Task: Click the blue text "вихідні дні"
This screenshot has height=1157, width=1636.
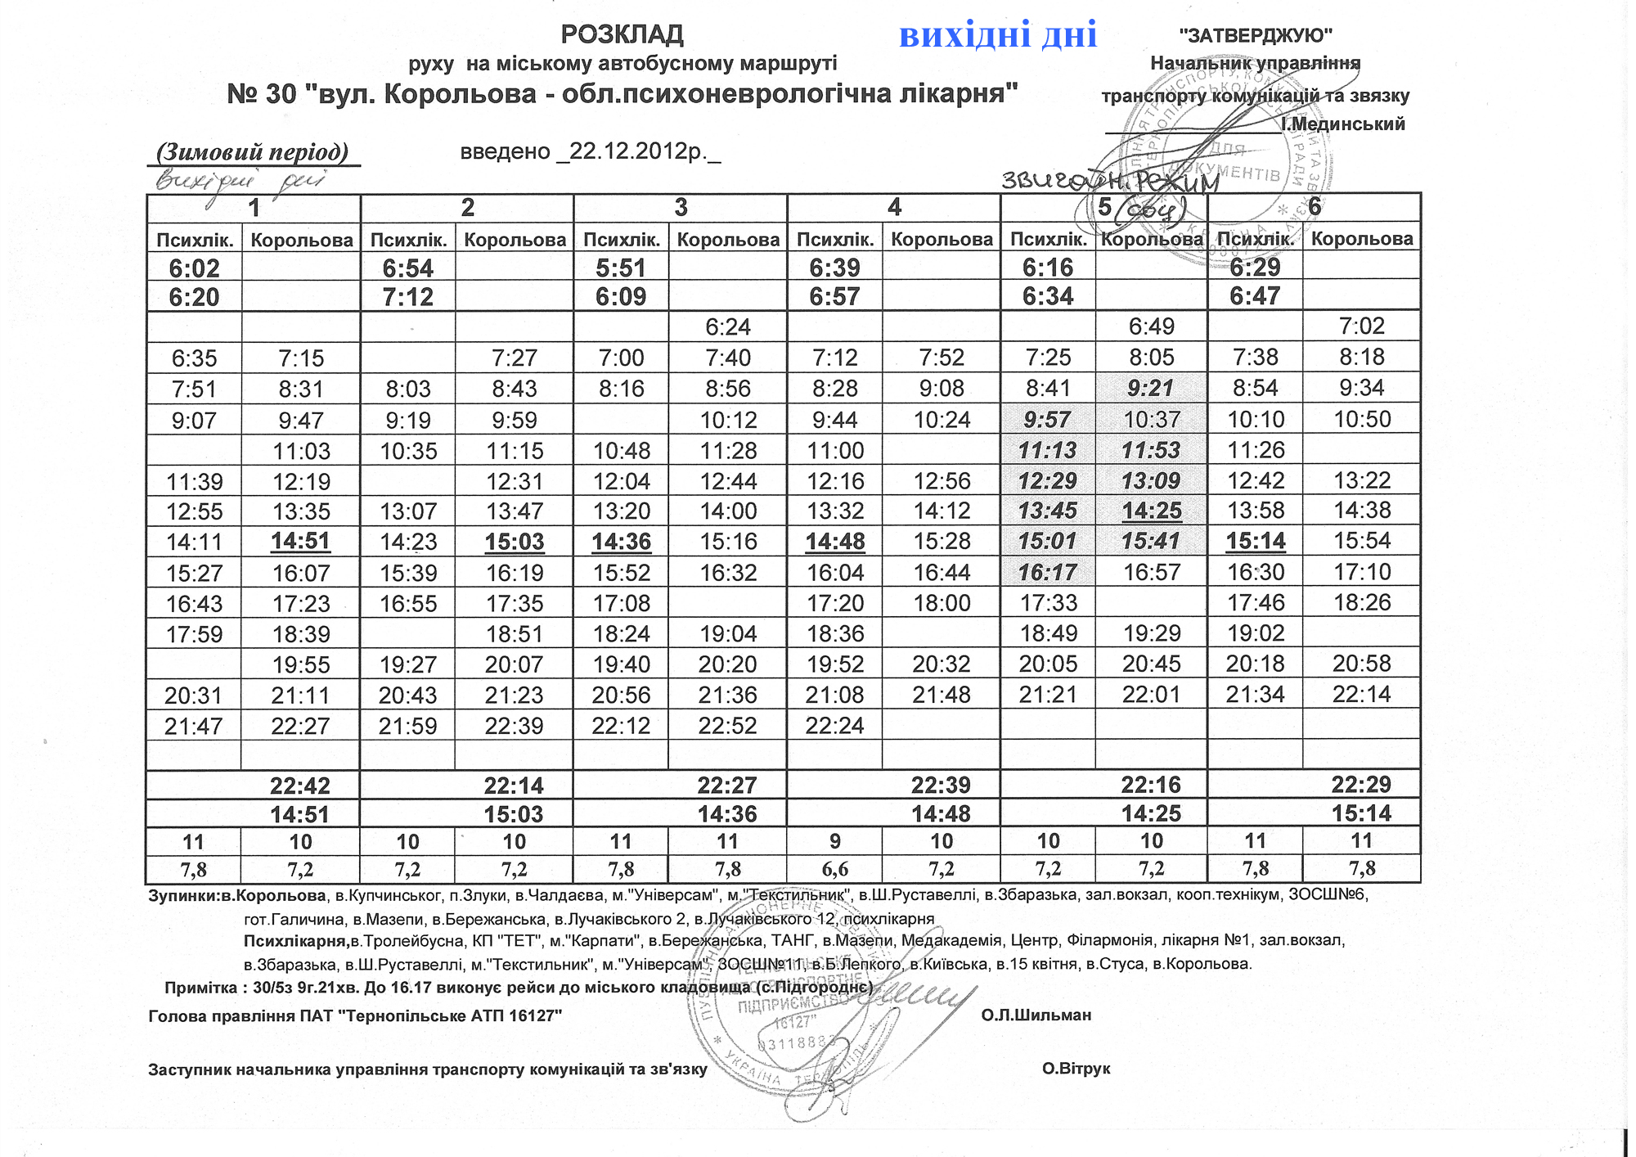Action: tap(997, 35)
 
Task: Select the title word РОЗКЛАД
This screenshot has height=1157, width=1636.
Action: tap(622, 34)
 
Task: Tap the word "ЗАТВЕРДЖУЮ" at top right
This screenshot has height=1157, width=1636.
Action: tap(1255, 35)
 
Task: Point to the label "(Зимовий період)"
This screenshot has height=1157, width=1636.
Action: tap(253, 152)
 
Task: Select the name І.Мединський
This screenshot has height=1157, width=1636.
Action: tap(1342, 124)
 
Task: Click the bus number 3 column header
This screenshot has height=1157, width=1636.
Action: tap(681, 207)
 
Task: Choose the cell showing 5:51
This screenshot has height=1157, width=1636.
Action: tap(621, 268)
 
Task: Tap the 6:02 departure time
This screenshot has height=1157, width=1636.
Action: tap(194, 268)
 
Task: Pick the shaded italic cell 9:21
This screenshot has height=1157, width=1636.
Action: tap(1151, 388)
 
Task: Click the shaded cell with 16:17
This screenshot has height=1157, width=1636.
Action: tap(1048, 572)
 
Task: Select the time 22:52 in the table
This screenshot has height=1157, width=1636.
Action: tap(727, 726)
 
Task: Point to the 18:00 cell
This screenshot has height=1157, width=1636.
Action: tap(942, 603)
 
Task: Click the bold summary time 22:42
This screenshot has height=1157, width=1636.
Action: tap(300, 786)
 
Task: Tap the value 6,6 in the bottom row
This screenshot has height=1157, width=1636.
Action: tap(834, 868)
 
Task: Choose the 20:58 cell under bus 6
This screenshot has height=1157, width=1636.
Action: tap(1361, 664)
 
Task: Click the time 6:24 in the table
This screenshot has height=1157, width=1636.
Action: tap(727, 326)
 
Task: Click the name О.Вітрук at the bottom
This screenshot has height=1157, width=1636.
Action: tap(1076, 1069)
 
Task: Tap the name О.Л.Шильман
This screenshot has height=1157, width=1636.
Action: tap(1036, 1015)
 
